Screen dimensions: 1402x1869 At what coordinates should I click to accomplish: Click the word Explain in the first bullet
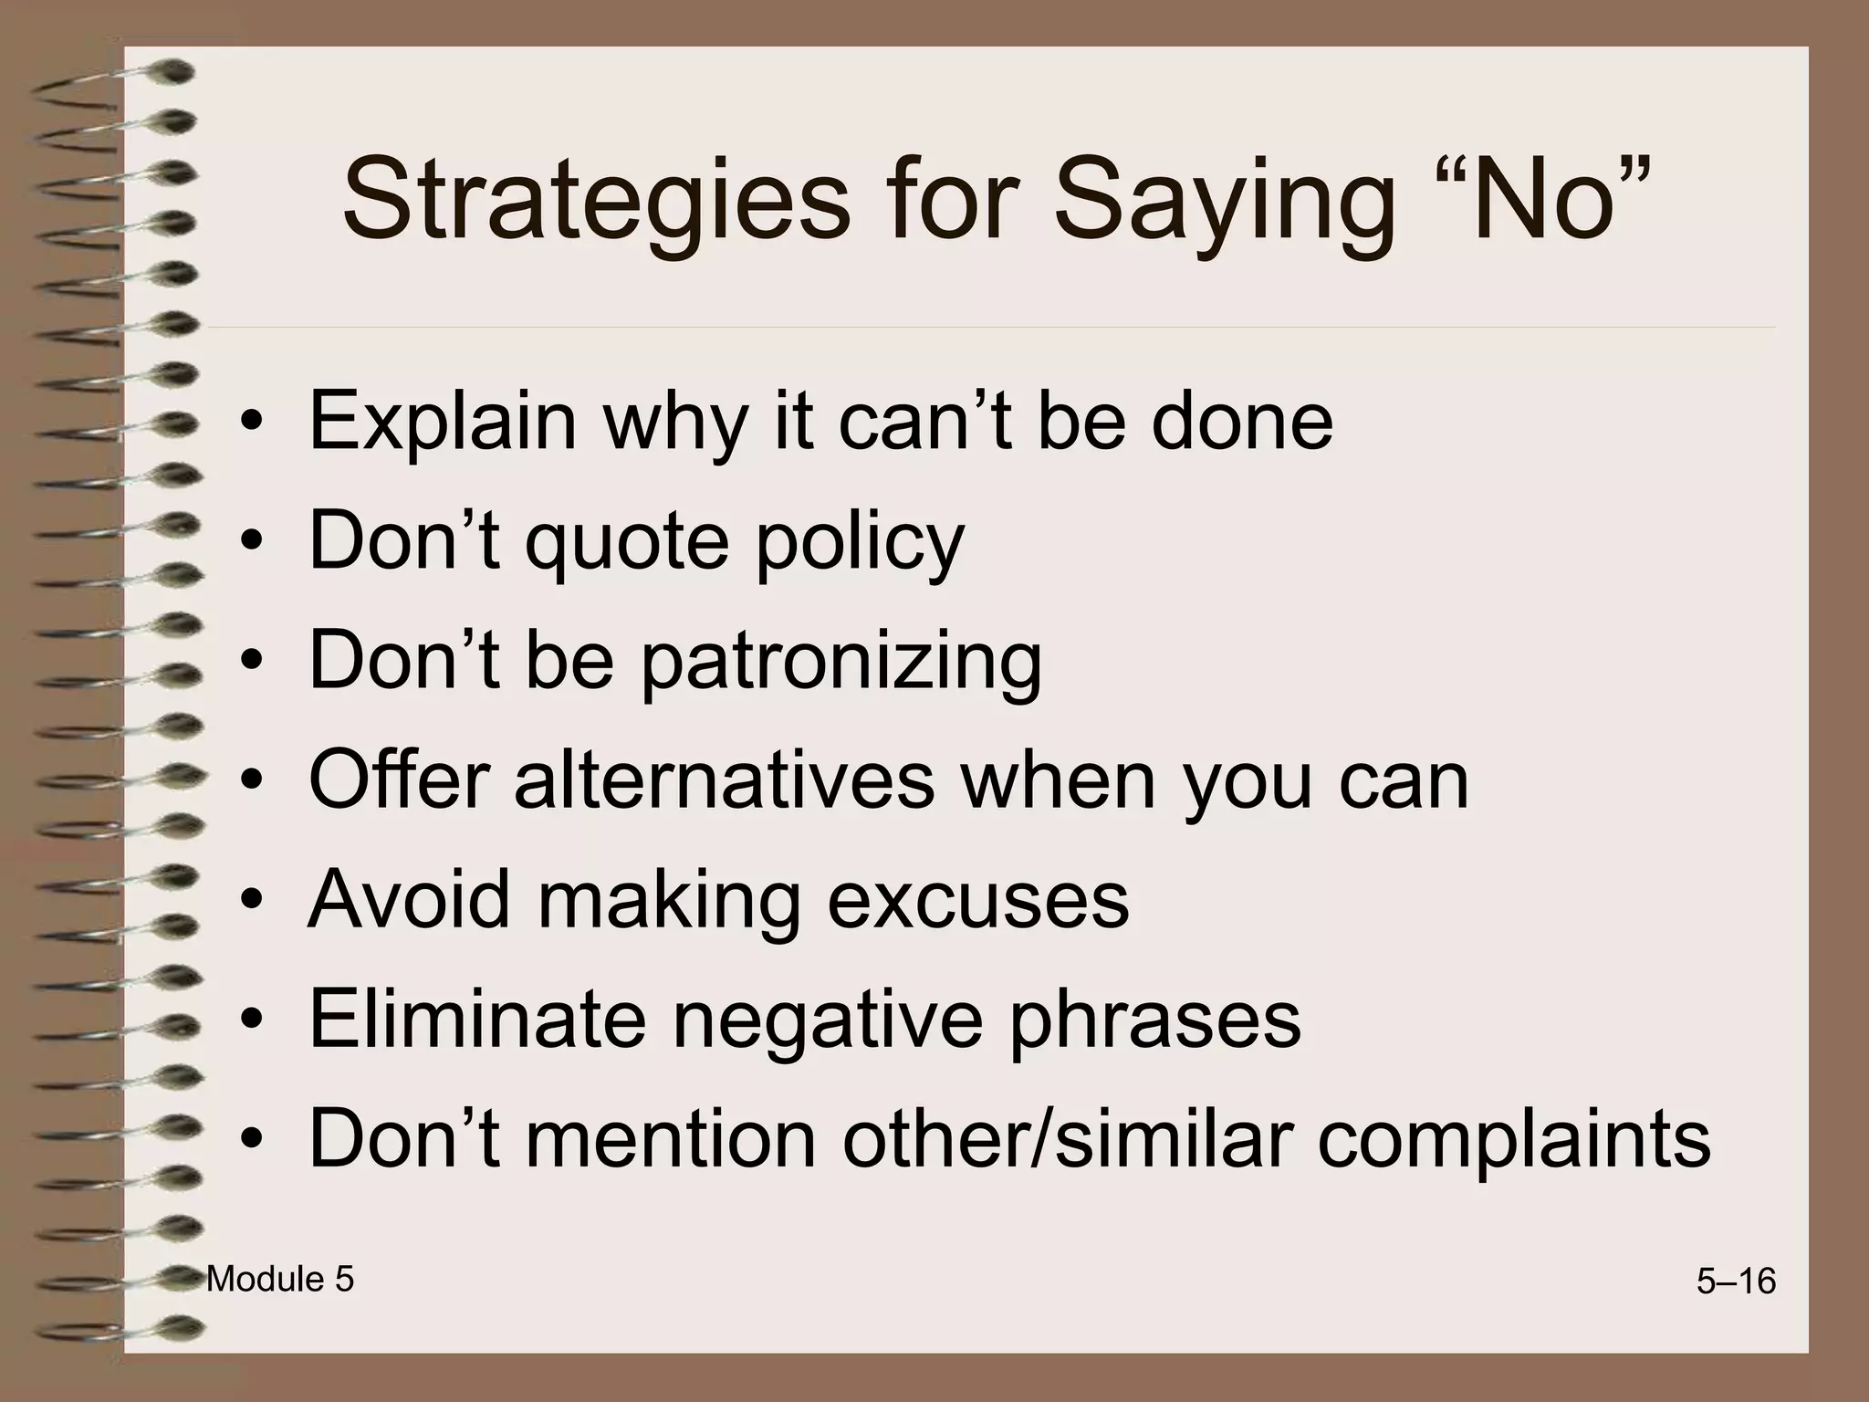coord(443,422)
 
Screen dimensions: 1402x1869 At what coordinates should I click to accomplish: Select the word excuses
coord(977,902)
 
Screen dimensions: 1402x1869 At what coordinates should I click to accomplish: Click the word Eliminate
coord(476,1020)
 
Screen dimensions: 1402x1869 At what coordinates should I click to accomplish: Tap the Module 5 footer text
coord(280,1280)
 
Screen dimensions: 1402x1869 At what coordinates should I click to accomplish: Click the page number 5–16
coord(1736,1282)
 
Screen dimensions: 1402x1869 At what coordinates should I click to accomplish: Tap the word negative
coord(827,1020)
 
